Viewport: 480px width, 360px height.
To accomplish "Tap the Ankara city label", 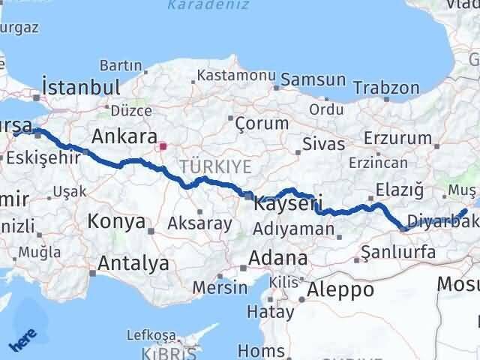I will click(x=124, y=137).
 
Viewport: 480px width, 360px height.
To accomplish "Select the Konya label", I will click(x=116, y=221).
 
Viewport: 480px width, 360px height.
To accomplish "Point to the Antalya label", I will click(x=133, y=263).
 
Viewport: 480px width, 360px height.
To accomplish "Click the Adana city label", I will click(x=280, y=259).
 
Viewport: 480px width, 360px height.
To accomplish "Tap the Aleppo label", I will click(x=340, y=289).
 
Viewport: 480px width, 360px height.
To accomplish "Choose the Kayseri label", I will click(x=288, y=202).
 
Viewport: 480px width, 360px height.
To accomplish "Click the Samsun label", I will click(x=314, y=79).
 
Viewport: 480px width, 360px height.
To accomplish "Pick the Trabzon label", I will click(x=386, y=88).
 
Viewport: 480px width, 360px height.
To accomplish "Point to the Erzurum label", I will click(x=397, y=138).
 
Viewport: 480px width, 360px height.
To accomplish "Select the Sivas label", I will click(x=324, y=144).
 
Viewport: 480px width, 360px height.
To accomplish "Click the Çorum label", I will click(x=262, y=123).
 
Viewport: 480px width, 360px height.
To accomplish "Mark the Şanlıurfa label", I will click(x=397, y=252).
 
